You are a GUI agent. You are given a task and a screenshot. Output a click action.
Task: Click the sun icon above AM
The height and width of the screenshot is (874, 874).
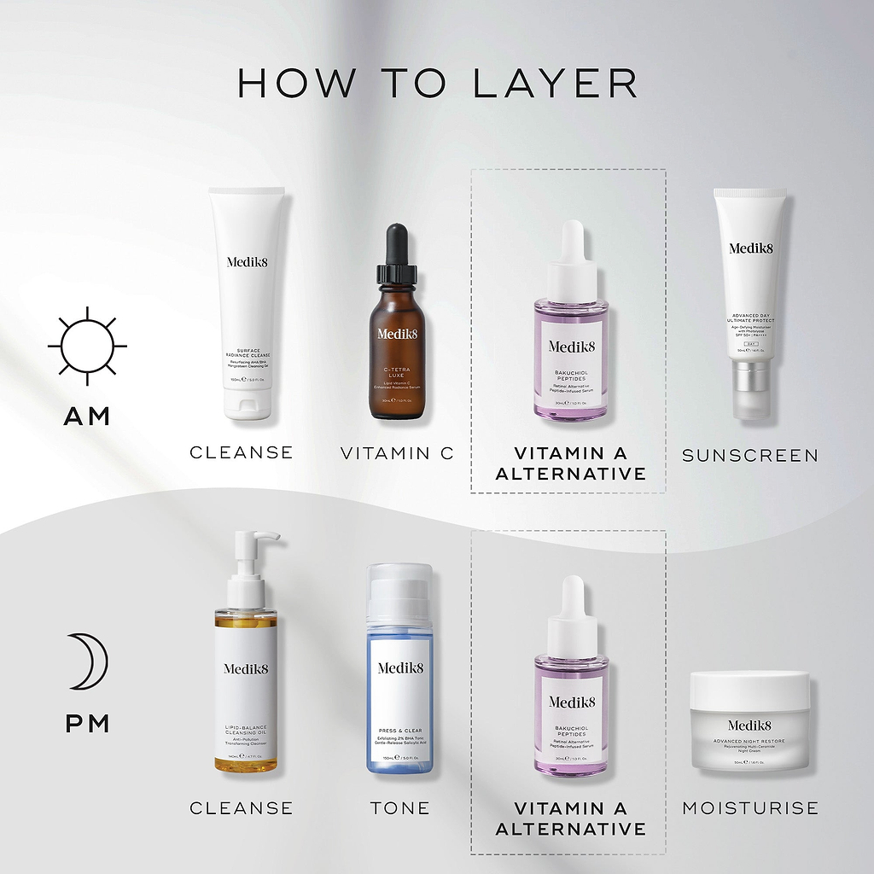(x=87, y=347)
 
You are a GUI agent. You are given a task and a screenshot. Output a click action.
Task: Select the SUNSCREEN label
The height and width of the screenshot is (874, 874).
(x=749, y=456)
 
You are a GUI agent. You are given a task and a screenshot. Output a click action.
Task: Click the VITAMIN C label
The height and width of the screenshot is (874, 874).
(x=398, y=453)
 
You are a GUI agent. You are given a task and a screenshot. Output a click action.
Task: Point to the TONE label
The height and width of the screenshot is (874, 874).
(x=399, y=807)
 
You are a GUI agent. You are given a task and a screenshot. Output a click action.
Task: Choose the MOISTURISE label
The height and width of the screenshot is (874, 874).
(x=749, y=807)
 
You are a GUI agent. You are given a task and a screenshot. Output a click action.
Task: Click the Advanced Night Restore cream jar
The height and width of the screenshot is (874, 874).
(x=749, y=721)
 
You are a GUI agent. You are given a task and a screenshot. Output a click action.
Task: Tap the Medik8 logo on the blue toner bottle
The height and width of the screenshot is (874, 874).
(x=399, y=668)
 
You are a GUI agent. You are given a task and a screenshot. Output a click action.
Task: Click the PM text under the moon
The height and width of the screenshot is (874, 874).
(x=87, y=724)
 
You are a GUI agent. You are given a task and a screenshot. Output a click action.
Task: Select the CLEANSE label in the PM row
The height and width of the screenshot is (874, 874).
(x=241, y=807)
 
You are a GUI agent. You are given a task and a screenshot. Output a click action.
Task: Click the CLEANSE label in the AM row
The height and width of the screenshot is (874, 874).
(x=241, y=452)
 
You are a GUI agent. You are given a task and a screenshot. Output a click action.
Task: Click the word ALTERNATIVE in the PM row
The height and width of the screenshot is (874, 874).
(x=570, y=829)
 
